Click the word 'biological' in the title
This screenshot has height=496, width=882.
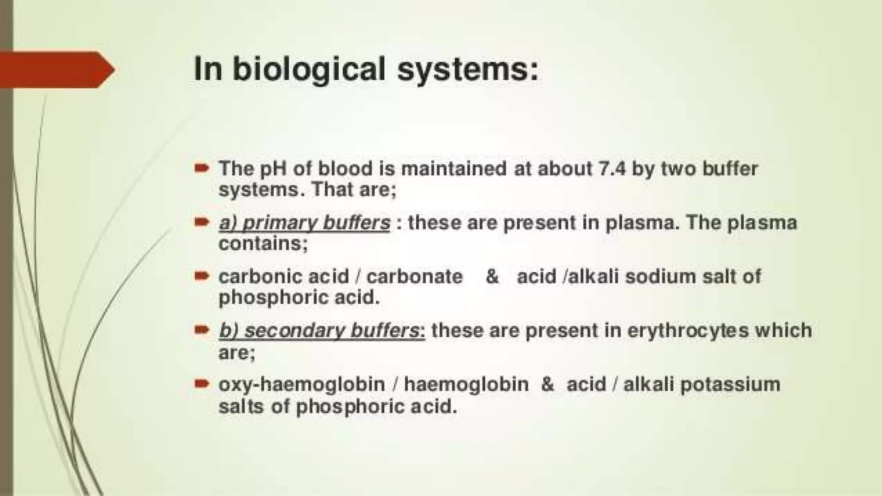[x=308, y=69]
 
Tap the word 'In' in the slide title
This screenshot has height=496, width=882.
[x=208, y=69]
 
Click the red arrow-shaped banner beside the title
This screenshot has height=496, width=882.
[x=56, y=69]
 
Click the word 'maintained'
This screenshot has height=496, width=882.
[x=453, y=169]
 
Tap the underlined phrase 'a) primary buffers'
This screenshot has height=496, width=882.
[x=304, y=223]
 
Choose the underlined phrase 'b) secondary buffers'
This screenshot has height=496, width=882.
[x=321, y=331]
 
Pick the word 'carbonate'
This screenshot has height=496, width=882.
[x=414, y=276]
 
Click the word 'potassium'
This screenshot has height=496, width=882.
[x=730, y=384]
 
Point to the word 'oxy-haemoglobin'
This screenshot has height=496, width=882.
[x=301, y=384]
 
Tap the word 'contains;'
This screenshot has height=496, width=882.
[x=263, y=244]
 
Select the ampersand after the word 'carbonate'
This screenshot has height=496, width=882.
[x=492, y=276]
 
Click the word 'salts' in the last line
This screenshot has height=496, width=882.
[x=241, y=406]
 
